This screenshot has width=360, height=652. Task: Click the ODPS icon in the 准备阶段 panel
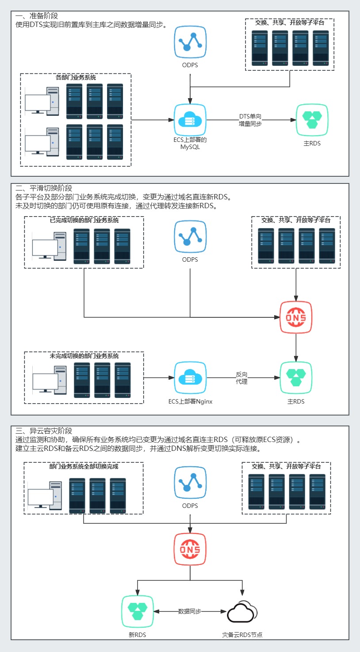pyautogui.click(x=190, y=42)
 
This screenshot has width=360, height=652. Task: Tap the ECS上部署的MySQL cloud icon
pyautogui.click(x=190, y=120)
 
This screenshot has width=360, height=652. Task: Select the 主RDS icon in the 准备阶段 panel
pyautogui.click(x=312, y=120)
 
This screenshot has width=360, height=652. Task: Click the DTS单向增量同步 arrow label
pyautogui.click(x=250, y=120)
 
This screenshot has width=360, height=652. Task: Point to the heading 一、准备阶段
pyautogui.click(x=37, y=16)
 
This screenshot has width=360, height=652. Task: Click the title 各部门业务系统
pyautogui.click(x=76, y=77)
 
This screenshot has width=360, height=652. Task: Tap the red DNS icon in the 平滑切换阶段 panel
pyautogui.click(x=296, y=317)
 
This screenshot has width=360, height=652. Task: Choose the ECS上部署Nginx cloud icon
pyautogui.click(x=190, y=378)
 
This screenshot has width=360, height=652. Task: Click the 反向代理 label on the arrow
pyautogui.click(x=241, y=378)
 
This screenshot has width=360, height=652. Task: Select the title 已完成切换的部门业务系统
pyautogui.click(x=84, y=220)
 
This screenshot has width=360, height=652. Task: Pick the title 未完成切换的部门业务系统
pyautogui.click(x=84, y=356)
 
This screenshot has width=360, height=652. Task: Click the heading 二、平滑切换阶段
pyautogui.click(x=44, y=188)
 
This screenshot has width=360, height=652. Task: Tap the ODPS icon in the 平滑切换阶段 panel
pyautogui.click(x=190, y=236)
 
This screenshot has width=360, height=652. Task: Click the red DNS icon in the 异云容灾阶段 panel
pyautogui.click(x=190, y=549)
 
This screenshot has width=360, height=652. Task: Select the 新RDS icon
pyautogui.click(x=138, y=611)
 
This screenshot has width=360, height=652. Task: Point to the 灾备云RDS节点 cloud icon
pyautogui.click(x=242, y=612)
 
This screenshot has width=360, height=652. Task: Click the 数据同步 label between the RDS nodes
pyautogui.click(x=190, y=611)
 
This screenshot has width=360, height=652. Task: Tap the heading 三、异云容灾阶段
pyautogui.click(x=44, y=431)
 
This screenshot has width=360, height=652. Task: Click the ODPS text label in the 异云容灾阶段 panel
pyautogui.click(x=190, y=506)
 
